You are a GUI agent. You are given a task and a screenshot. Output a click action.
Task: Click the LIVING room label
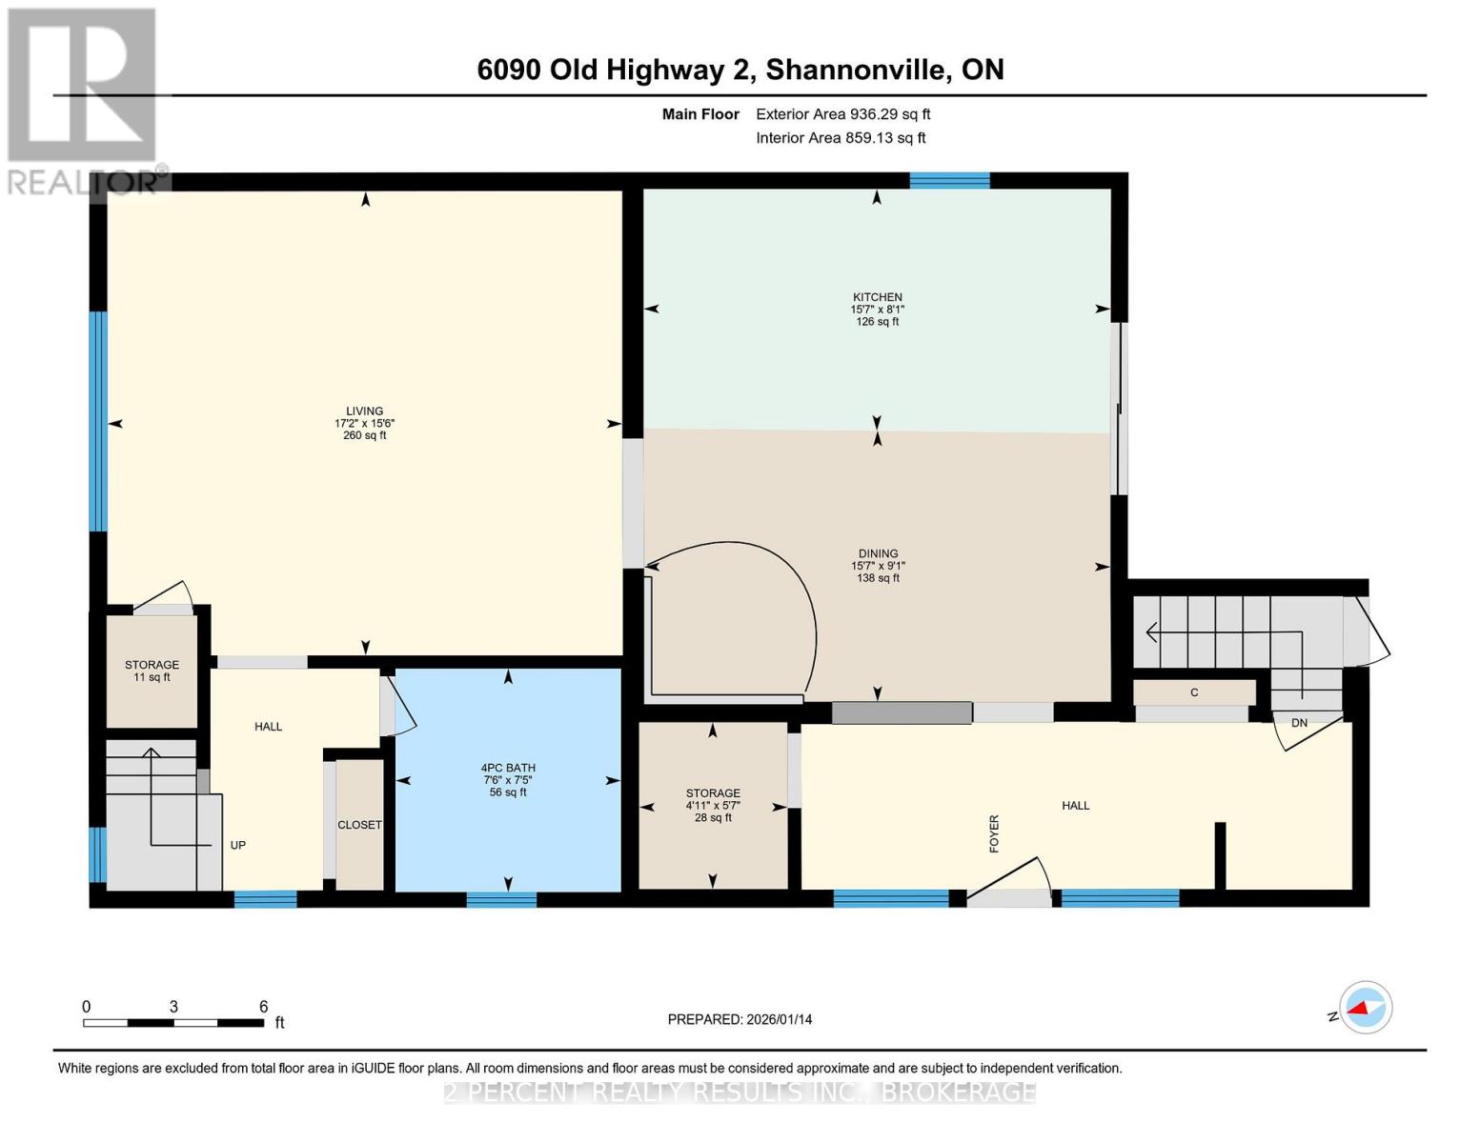point(364,411)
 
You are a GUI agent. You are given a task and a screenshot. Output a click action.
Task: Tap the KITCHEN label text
point(877,297)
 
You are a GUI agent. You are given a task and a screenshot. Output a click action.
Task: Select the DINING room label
point(878,553)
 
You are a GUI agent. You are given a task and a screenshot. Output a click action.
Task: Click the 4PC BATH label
point(508,768)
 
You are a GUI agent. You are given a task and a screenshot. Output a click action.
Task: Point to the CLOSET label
point(359,825)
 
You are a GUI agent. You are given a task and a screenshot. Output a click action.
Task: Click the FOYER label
point(994,833)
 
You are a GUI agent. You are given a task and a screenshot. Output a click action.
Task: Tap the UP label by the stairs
point(238,845)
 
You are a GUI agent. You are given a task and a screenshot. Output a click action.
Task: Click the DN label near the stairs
point(1299,723)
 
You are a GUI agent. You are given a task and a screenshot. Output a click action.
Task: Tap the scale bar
point(173,1023)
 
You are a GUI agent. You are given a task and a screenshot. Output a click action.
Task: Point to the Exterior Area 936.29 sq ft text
point(842,114)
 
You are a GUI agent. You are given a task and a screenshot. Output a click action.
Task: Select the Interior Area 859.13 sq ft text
point(841,138)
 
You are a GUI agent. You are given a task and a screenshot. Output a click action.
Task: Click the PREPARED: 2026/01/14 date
point(740,1019)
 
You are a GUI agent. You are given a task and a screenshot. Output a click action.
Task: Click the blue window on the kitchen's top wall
point(949,181)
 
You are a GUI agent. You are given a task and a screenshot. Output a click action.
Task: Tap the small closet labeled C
point(1193,692)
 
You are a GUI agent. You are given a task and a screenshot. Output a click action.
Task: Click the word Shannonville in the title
point(858,70)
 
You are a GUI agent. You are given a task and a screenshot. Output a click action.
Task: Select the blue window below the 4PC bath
point(501,898)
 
